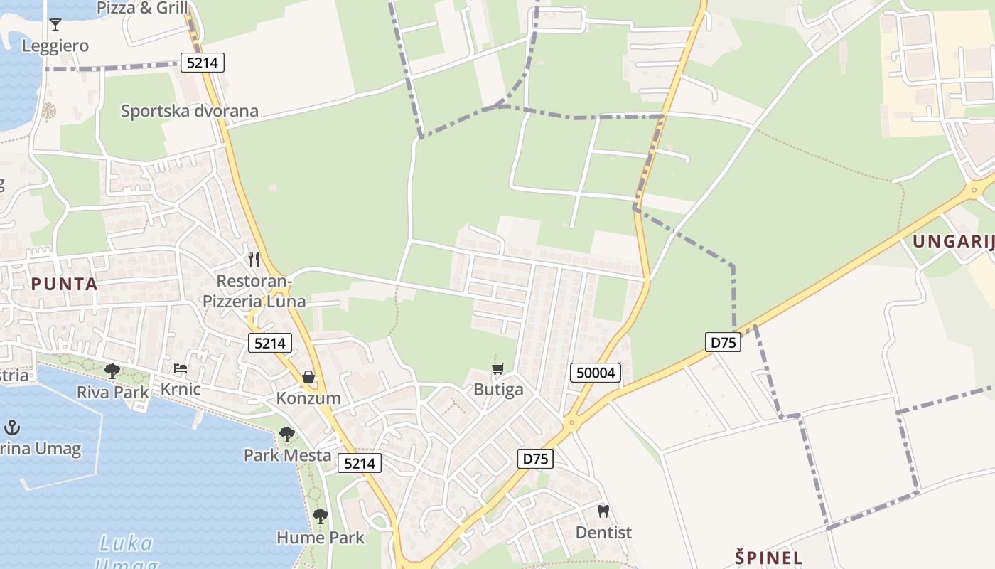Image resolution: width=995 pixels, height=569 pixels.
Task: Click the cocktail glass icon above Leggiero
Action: [55, 26]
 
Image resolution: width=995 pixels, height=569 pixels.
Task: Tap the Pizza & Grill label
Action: [142, 8]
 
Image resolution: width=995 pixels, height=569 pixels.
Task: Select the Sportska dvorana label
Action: [189, 111]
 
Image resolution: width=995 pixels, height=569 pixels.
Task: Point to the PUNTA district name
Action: [64, 284]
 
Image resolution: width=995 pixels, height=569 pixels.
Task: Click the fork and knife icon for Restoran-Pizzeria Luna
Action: [254, 260]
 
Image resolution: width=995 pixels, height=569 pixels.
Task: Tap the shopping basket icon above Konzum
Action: [308, 377]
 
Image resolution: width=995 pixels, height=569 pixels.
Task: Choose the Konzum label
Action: [308, 398]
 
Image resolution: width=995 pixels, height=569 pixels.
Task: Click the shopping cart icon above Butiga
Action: [497, 368]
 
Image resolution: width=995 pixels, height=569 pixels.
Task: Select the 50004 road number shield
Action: [596, 373]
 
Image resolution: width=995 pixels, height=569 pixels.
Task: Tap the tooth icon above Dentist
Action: [603, 511]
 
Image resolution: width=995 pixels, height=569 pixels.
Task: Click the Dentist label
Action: [603, 533]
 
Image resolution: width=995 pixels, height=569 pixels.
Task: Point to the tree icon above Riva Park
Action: [112, 371]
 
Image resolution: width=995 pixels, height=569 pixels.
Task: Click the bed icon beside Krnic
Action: [181, 368]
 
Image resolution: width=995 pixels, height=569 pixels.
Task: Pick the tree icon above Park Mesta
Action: [286, 434]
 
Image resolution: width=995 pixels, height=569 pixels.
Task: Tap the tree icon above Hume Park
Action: [321, 516]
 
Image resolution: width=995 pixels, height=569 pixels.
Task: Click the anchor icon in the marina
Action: [11, 427]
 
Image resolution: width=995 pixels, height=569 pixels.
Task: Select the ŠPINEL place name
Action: [769, 558]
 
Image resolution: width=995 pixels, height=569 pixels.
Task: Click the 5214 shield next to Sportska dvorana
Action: [203, 63]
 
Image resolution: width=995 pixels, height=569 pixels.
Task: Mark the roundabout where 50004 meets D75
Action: [571, 424]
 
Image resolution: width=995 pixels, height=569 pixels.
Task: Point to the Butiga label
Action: [498, 390]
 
